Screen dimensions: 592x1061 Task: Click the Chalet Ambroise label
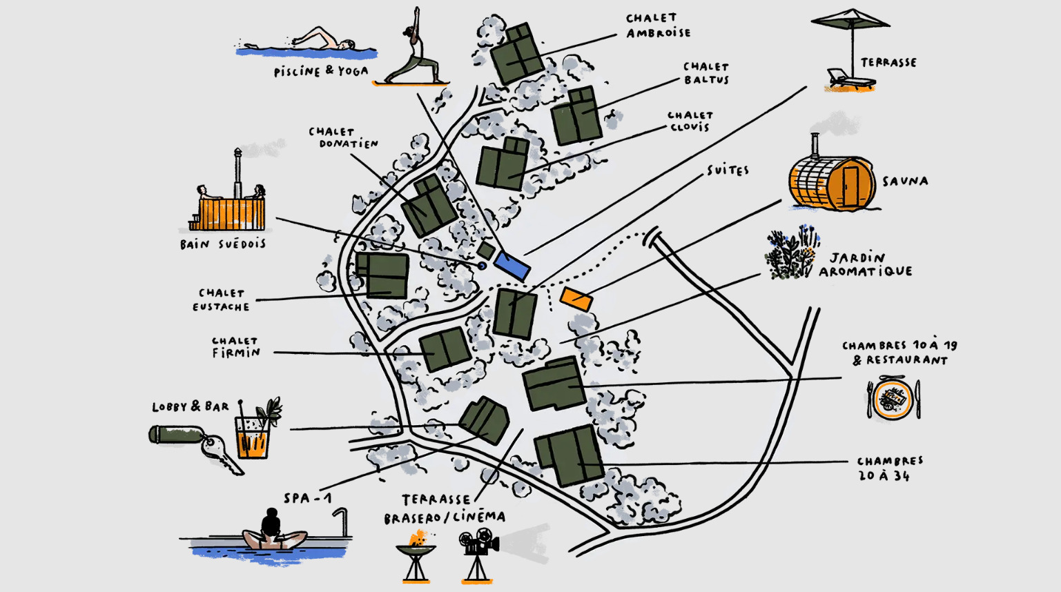[x=658, y=26]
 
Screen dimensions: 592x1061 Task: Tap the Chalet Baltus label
[x=706, y=73]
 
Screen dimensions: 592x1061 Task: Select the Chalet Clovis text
[x=690, y=121]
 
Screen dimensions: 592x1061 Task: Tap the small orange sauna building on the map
[x=576, y=299]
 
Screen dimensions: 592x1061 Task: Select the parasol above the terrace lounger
[x=850, y=21]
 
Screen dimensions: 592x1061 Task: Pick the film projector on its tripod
[x=478, y=552]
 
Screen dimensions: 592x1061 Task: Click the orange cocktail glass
[x=253, y=436]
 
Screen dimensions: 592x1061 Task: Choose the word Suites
[x=728, y=170]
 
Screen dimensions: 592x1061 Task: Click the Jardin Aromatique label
[x=865, y=265]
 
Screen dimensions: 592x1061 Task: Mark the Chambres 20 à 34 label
[x=889, y=468]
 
